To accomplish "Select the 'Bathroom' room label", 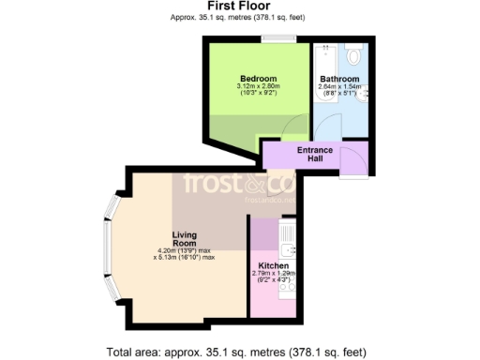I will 338,79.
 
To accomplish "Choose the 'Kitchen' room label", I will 274,265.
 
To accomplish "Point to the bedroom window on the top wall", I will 276,39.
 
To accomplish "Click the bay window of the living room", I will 110,247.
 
